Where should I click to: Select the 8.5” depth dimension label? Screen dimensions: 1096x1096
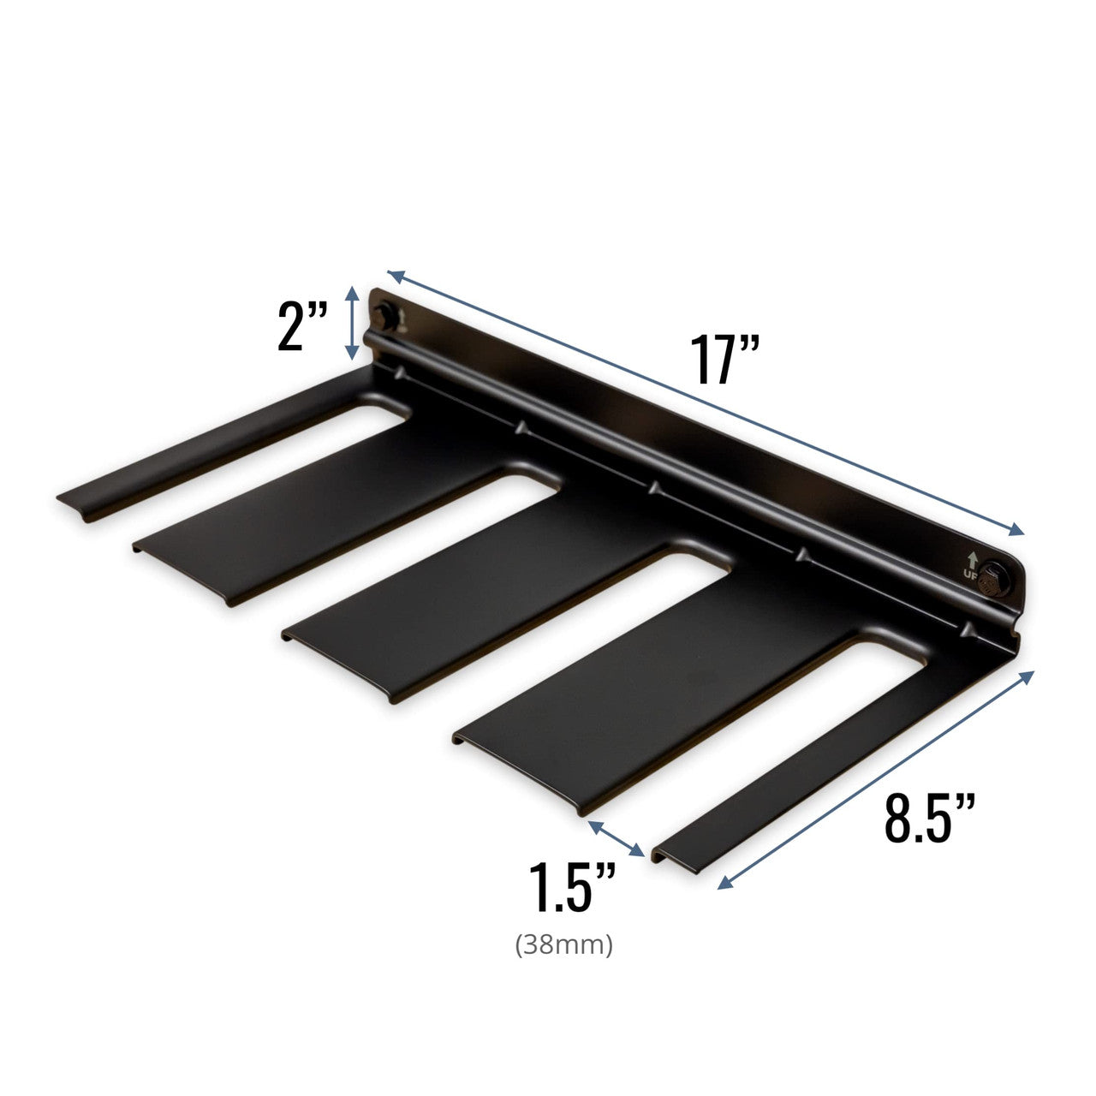pos(930,817)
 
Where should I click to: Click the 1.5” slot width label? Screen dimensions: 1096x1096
pos(572,887)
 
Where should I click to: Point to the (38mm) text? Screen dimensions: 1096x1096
pos(564,946)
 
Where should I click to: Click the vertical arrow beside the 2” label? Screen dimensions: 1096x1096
pos(351,323)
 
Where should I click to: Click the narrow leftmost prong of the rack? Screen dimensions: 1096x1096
pos(214,445)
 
